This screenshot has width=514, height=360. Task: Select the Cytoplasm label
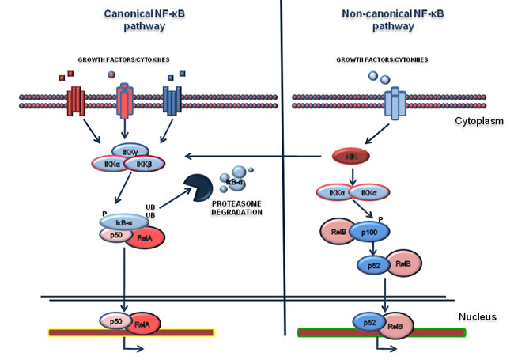point(476,123)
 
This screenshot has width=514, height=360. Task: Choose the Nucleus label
point(478,317)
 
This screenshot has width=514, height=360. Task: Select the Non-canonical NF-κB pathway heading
point(386,19)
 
